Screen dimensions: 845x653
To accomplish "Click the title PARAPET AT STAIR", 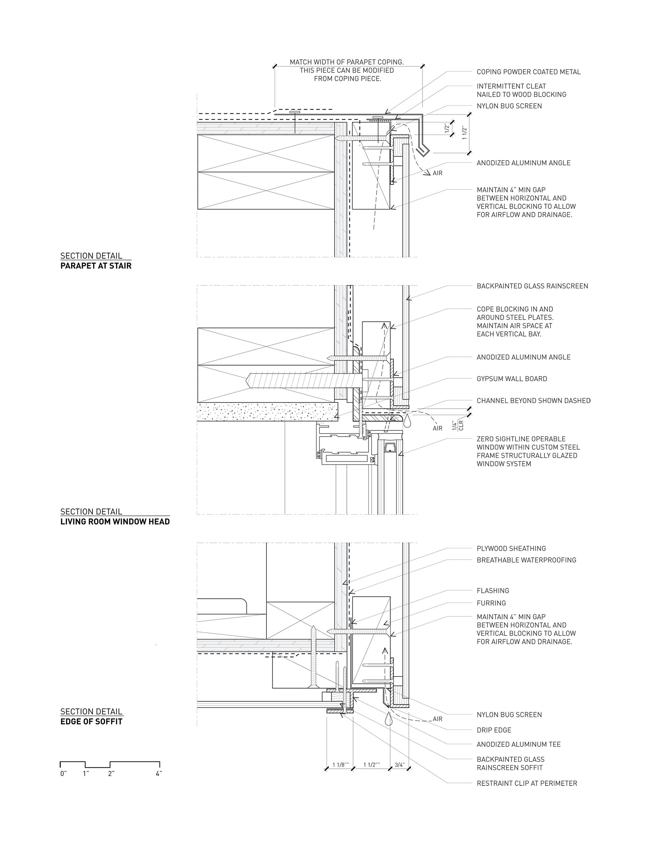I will (96, 266).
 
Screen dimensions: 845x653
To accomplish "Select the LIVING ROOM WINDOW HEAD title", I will (115, 521).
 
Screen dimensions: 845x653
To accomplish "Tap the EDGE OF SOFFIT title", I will (91, 722).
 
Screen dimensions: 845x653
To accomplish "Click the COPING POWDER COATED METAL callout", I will (528, 72).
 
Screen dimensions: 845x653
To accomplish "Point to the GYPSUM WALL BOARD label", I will (512, 379).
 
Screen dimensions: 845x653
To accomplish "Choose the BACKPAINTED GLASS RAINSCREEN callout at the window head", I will (532, 286).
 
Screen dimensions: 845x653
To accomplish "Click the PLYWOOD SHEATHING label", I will (511, 548).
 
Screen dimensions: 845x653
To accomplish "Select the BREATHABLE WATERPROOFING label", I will (526, 560).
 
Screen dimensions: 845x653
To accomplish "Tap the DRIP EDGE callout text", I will (494, 730).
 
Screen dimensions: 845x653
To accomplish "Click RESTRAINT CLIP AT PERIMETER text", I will (527, 784).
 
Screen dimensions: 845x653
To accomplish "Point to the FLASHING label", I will (493, 590).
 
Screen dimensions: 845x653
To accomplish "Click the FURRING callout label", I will (491, 603).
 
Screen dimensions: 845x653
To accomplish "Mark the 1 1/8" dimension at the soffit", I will (341, 765).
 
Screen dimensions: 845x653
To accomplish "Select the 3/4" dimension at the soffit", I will (400, 765).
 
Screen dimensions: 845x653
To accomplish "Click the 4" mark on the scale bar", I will (158, 774).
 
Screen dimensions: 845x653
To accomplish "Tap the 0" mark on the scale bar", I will (63, 774).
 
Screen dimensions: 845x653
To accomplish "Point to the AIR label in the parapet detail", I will (438, 173).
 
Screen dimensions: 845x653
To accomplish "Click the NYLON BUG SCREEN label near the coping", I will (509, 106).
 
